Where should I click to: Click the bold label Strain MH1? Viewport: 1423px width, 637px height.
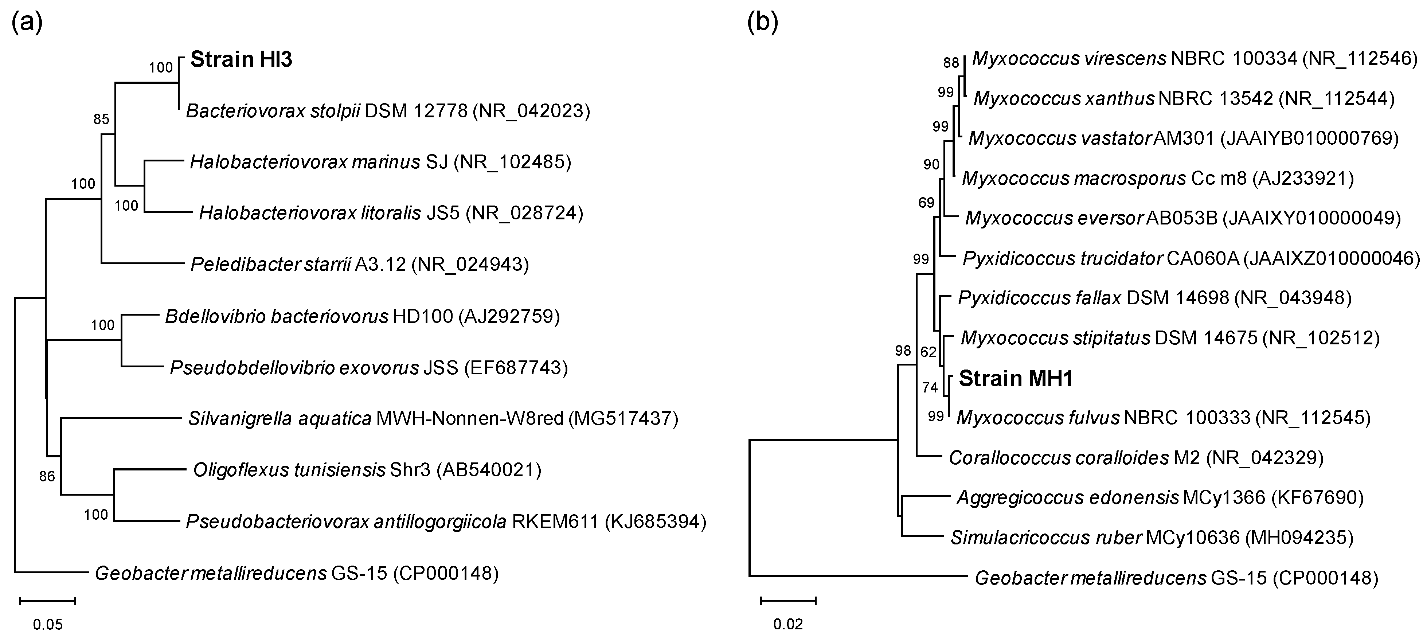(x=1015, y=378)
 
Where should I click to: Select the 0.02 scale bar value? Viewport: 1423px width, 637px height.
(x=788, y=625)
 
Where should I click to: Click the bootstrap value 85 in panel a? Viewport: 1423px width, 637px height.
(x=101, y=119)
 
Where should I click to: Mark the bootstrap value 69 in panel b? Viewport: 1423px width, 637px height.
(x=926, y=203)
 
